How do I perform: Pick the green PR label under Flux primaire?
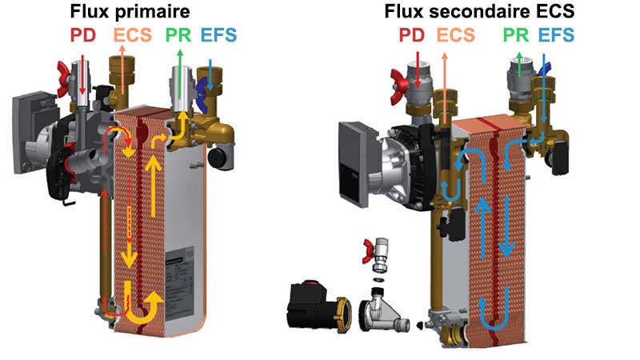pyautogui.click(x=178, y=35)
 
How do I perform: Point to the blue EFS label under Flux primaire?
pyautogui.click(x=218, y=35)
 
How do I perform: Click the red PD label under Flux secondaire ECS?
pyautogui.click(x=412, y=35)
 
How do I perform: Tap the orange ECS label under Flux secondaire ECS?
pyautogui.click(x=455, y=35)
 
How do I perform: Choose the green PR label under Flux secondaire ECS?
pyautogui.click(x=516, y=35)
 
